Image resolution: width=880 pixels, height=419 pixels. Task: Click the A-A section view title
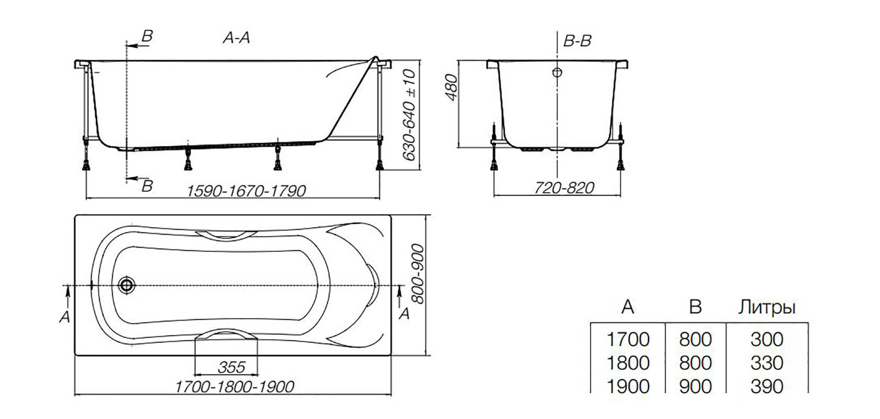[237, 38]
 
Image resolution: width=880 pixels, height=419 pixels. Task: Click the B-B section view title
[577, 41]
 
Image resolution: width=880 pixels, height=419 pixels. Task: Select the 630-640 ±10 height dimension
[410, 115]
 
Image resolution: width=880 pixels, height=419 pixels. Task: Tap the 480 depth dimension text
[452, 87]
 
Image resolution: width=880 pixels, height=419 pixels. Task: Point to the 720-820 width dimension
[564, 188]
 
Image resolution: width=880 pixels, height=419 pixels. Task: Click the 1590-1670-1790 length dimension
[247, 191]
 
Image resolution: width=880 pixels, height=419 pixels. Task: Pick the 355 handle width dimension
[231, 367]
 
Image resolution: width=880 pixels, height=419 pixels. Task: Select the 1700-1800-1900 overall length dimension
[235, 387]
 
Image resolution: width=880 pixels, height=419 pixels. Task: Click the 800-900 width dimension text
[418, 274]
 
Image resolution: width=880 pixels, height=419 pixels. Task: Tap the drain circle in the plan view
[127, 285]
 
